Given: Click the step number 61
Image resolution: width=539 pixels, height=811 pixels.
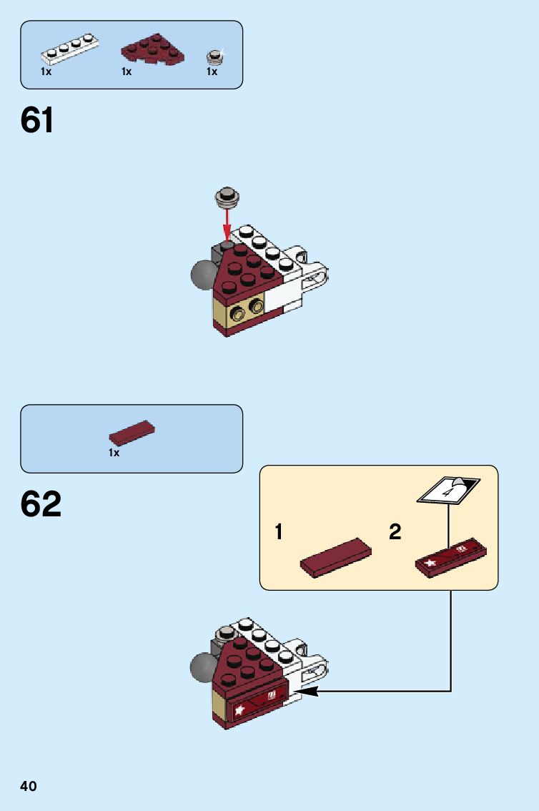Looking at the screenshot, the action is [37, 120].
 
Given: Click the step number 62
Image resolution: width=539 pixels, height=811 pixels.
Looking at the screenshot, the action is [41, 504].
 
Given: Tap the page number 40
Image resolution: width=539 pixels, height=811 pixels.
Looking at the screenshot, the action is [29, 787].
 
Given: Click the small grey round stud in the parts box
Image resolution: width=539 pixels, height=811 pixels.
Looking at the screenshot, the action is [213, 56].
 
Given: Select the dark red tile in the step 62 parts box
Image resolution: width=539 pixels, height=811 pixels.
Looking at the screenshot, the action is [132, 433].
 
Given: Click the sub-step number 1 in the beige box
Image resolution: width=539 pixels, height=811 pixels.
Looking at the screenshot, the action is [280, 532].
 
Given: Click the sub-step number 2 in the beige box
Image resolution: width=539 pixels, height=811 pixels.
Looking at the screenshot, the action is [395, 532].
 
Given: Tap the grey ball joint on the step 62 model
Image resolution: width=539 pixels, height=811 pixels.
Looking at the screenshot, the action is [203, 667].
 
